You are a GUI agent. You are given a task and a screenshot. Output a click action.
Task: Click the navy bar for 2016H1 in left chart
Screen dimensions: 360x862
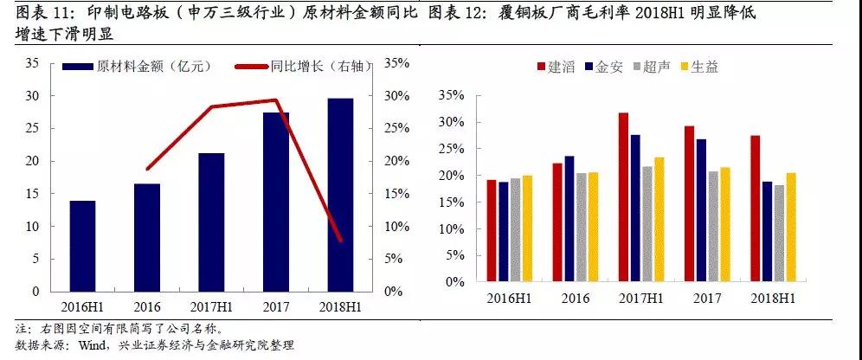tap(82, 247)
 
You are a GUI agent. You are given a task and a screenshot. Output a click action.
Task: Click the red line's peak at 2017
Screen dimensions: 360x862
tap(276, 100)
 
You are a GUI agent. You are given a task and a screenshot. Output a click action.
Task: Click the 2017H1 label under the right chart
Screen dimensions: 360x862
tap(641, 298)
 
